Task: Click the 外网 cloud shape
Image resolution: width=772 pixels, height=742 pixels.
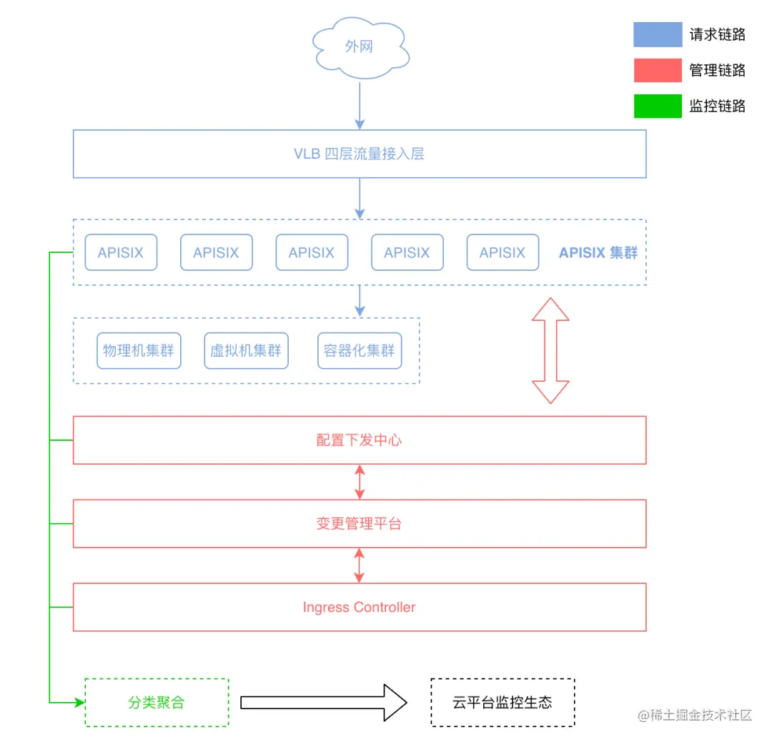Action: tap(359, 49)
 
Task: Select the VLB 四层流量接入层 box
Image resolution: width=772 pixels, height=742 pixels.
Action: tap(359, 154)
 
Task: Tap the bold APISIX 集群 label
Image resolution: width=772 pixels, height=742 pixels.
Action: tap(598, 253)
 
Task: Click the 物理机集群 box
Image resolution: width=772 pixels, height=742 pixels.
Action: tap(139, 351)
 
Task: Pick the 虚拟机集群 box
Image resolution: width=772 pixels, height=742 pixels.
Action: tap(246, 351)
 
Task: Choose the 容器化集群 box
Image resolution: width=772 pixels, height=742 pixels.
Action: tap(359, 351)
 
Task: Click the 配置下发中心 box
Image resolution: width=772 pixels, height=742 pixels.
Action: tap(359, 440)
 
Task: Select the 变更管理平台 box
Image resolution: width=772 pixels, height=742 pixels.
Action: tap(359, 524)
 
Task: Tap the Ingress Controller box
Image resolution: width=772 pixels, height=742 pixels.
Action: tap(359, 608)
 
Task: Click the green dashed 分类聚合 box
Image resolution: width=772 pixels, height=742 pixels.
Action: tap(157, 703)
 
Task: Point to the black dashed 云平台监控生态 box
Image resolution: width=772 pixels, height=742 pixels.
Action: tap(503, 703)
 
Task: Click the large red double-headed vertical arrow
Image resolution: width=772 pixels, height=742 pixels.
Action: tap(550, 350)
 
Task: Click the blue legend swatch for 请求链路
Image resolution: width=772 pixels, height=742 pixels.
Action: tap(658, 34)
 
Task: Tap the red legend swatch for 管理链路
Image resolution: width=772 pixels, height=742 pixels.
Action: tap(658, 70)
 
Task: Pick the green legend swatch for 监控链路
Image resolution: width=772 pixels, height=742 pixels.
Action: tap(658, 106)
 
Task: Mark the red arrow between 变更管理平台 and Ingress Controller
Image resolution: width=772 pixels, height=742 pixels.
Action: tap(360, 565)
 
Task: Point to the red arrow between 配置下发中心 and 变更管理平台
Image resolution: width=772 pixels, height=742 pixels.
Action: tap(360, 482)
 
